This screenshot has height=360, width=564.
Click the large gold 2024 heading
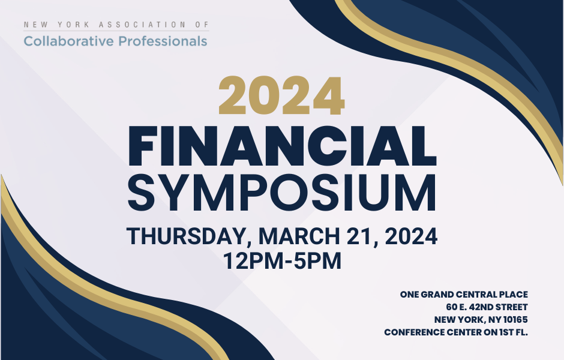coord(281,96)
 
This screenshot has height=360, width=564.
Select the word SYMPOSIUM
coord(282,193)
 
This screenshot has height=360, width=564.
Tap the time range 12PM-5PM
coord(282,261)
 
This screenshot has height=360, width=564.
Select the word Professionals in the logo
coord(163,41)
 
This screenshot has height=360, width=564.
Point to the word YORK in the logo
coord(73,25)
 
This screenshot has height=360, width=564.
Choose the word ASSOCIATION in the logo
coord(142,25)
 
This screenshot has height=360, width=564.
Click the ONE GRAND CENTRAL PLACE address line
coord(464,295)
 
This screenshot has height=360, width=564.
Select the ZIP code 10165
coord(515,320)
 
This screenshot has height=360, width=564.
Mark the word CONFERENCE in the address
coord(414,332)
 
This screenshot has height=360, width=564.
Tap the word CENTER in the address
coord(464,332)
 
